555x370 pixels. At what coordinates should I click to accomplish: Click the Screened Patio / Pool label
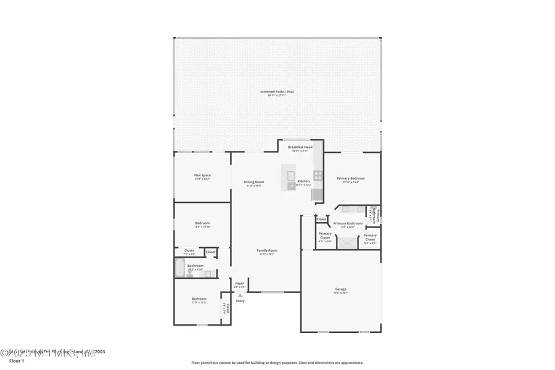click(277, 91)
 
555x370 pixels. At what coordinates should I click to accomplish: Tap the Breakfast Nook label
click(300, 147)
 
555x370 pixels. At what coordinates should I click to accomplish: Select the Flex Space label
click(202, 175)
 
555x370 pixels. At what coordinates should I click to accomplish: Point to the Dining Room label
click(254, 181)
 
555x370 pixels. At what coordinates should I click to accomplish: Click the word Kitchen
click(303, 181)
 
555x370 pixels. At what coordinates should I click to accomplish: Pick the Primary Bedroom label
click(348, 178)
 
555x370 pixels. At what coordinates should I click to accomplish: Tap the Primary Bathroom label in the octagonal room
click(348, 223)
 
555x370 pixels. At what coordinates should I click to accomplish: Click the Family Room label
click(267, 250)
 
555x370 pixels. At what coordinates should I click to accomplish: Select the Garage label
click(341, 289)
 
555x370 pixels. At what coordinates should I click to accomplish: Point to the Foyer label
click(240, 283)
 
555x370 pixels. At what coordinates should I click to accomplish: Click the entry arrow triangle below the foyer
click(240, 295)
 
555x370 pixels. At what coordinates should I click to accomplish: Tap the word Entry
click(240, 300)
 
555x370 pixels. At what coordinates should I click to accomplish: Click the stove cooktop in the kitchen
click(318, 175)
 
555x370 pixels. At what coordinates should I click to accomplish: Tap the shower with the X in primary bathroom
click(348, 242)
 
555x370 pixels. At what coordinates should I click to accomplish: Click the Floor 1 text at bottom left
click(17, 361)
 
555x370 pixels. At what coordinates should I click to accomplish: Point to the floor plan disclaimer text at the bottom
click(277, 363)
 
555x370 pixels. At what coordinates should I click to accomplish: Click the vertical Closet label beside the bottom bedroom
click(227, 308)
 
